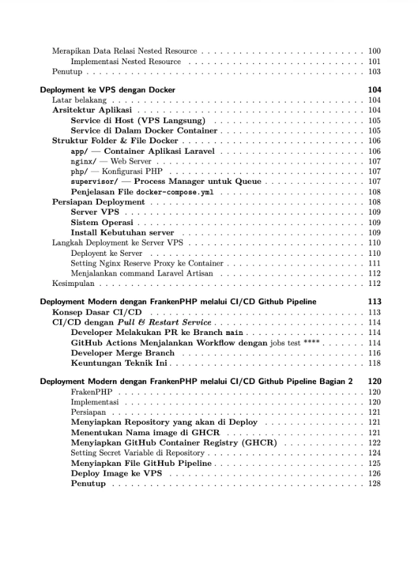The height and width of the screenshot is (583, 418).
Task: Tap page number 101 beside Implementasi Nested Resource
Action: coord(374,62)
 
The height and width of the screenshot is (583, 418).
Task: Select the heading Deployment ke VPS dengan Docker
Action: coord(107,90)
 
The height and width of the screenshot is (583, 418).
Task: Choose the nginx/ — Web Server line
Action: coord(110,161)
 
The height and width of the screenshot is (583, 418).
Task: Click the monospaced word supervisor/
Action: coord(94,181)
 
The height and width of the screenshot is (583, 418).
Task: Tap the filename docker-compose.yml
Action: coord(174,192)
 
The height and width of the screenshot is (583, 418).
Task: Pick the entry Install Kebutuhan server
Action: coord(122,232)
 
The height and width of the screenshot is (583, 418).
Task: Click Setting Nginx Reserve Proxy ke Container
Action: coord(147,263)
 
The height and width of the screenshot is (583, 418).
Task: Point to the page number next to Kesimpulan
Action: coord(374,283)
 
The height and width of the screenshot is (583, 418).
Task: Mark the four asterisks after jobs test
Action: coord(312,343)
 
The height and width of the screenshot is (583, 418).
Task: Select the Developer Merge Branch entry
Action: coord(123,353)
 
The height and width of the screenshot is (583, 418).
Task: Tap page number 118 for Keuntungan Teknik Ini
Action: coord(374,363)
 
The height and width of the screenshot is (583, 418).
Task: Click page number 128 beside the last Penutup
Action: coord(374,484)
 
